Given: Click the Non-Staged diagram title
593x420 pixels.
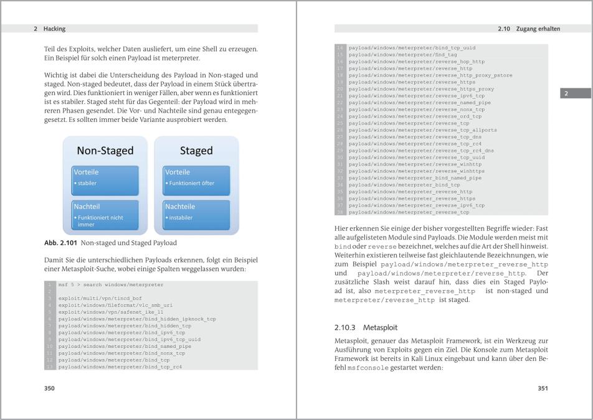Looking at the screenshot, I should [x=105, y=151].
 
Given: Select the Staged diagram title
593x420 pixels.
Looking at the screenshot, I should [x=196, y=151].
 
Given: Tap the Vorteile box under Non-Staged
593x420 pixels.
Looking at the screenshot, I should [x=106, y=177].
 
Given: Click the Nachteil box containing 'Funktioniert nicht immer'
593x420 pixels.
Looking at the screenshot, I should [x=106, y=213].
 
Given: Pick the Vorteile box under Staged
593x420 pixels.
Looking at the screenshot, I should [x=196, y=177].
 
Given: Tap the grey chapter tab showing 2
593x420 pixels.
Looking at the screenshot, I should [x=566, y=94].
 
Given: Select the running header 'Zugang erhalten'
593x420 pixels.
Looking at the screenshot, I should [x=538, y=29].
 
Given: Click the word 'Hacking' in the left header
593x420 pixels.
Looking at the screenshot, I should [x=55, y=29].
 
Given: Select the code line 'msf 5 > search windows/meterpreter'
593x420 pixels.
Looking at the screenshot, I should [x=111, y=284].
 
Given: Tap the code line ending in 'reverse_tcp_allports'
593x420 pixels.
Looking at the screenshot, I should [x=422, y=130].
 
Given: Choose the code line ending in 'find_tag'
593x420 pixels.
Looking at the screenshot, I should [x=402, y=55].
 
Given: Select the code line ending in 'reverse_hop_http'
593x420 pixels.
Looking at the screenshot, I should [x=416, y=62].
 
